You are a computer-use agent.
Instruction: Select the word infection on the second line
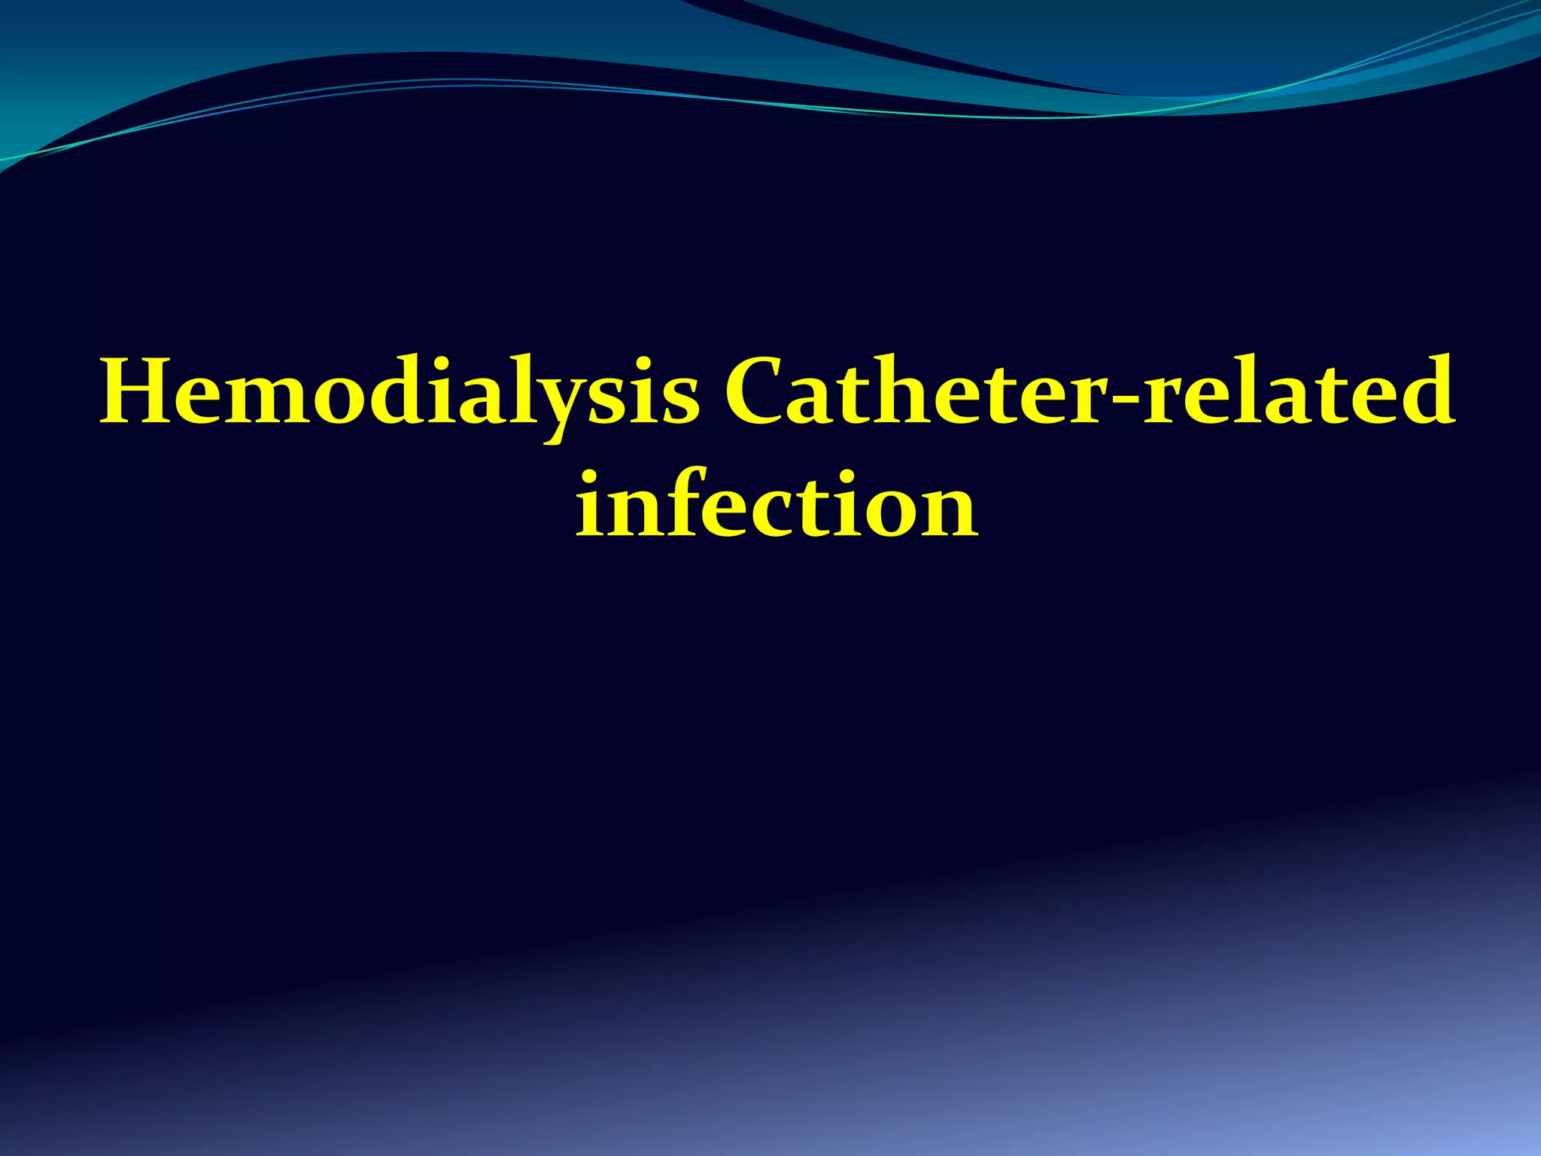click(x=777, y=504)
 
